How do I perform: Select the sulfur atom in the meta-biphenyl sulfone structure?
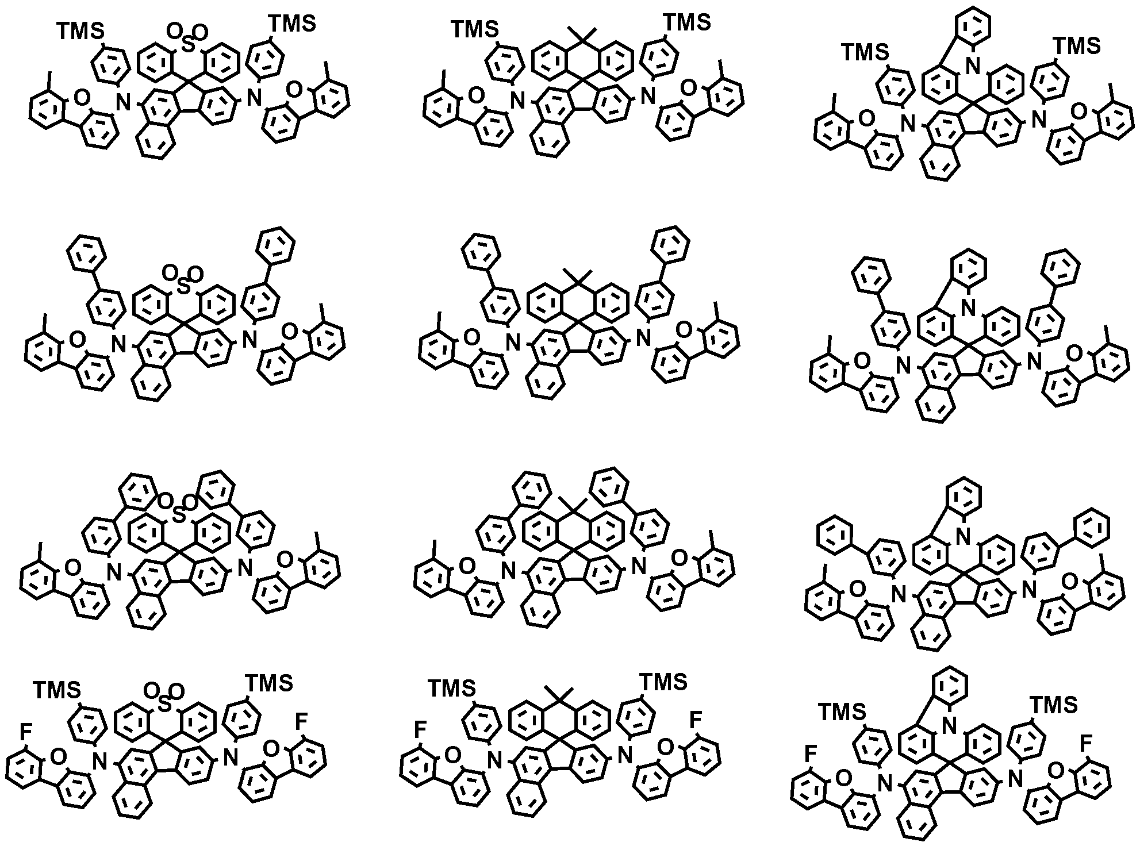tap(179, 514)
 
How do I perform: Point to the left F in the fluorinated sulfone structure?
tap(25, 732)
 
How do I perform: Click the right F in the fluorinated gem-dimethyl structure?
tap(696, 718)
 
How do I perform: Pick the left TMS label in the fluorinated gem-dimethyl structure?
tap(452, 687)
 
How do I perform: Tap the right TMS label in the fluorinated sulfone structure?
tap(269, 683)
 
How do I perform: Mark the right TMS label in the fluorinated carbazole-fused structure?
tap(1053, 705)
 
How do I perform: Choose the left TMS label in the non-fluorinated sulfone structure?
tap(80, 32)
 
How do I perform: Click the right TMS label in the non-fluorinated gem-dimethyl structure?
tap(688, 22)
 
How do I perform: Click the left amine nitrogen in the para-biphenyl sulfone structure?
tap(118, 344)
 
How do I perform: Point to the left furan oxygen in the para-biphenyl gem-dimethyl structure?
tap(471, 339)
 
